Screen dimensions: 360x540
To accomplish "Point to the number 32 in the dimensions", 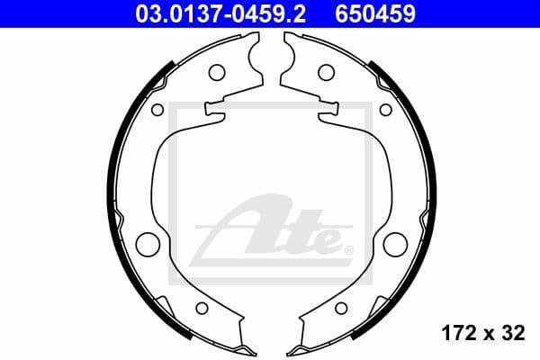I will coord(513,334).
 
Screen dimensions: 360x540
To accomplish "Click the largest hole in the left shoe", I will coord(147,244).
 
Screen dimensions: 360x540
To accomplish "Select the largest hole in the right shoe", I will coord(394,244).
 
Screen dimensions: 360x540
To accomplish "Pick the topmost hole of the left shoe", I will coord(216,72).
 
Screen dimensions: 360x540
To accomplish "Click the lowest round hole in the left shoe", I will coord(202,309).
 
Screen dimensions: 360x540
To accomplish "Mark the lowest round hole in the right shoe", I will coord(340,309).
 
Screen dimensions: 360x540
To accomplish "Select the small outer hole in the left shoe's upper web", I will coord(157,110).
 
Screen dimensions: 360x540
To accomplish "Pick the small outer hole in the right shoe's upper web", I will coord(384,110).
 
